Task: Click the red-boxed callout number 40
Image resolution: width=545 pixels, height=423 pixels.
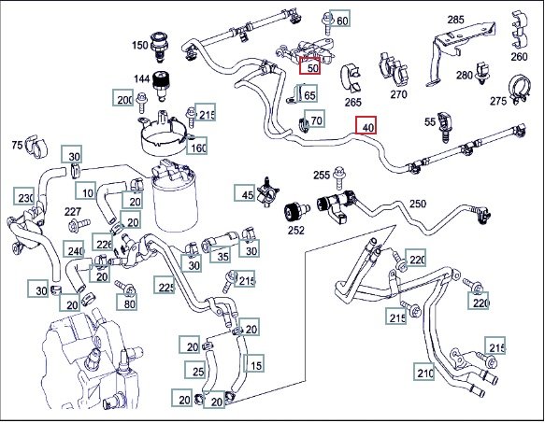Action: point(366,126)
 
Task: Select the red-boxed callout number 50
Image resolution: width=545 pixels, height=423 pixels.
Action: point(310,65)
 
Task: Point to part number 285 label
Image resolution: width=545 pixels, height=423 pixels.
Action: point(455,20)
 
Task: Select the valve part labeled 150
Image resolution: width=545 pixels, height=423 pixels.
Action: point(160,47)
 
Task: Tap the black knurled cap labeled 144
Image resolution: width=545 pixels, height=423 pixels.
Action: point(161,85)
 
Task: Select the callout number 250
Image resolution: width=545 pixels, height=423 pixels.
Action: point(418,204)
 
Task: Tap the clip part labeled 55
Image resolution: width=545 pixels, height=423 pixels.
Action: point(446,127)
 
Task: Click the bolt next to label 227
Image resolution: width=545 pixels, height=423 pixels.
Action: point(79,225)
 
